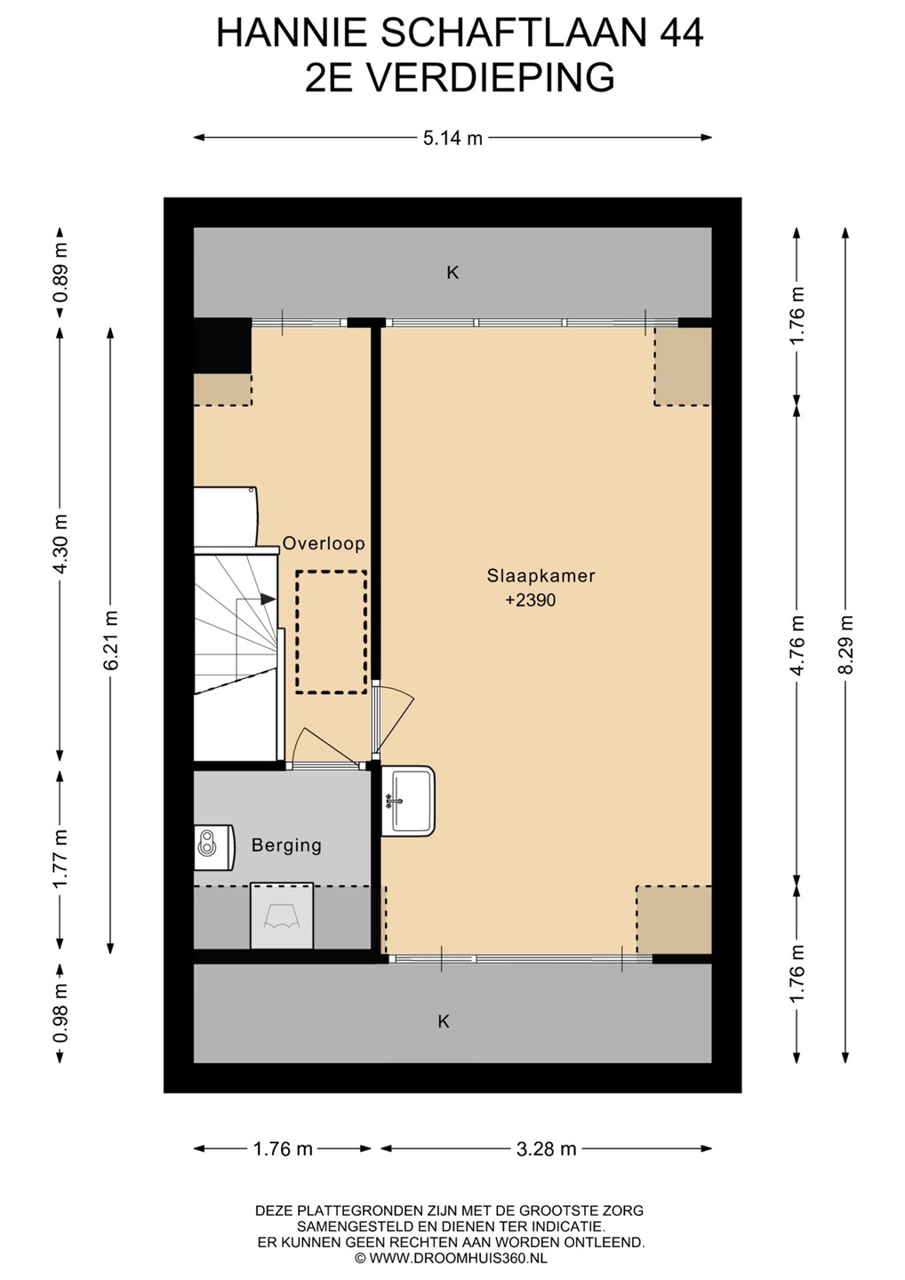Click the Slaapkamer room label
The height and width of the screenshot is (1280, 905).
coord(541,575)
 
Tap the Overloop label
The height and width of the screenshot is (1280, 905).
coord(324,543)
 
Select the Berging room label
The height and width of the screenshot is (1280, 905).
coord(286,844)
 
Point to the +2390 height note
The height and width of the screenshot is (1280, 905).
coord(530,600)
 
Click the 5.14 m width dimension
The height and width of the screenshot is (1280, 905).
coord(452,138)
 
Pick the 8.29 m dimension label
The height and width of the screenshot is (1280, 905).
coord(845,644)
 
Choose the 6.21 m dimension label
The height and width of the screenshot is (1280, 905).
coord(111,641)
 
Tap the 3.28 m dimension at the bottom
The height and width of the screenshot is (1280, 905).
coord(546,1148)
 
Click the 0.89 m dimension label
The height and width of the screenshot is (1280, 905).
coord(60,272)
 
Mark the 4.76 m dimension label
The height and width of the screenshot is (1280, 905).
coord(797,644)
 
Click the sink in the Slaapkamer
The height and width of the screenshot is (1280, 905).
coord(408,801)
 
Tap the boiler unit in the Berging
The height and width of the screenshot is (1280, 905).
coord(213,847)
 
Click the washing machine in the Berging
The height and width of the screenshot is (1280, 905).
coord(282,916)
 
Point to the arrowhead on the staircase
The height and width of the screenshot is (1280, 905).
coord(268,599)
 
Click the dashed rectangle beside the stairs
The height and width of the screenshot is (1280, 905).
coord(332,632)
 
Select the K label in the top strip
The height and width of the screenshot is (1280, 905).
coord(452,273)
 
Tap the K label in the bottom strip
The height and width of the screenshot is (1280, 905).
coord(444,1021)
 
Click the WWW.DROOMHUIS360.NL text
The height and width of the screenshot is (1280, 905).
coord(458,1258)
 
